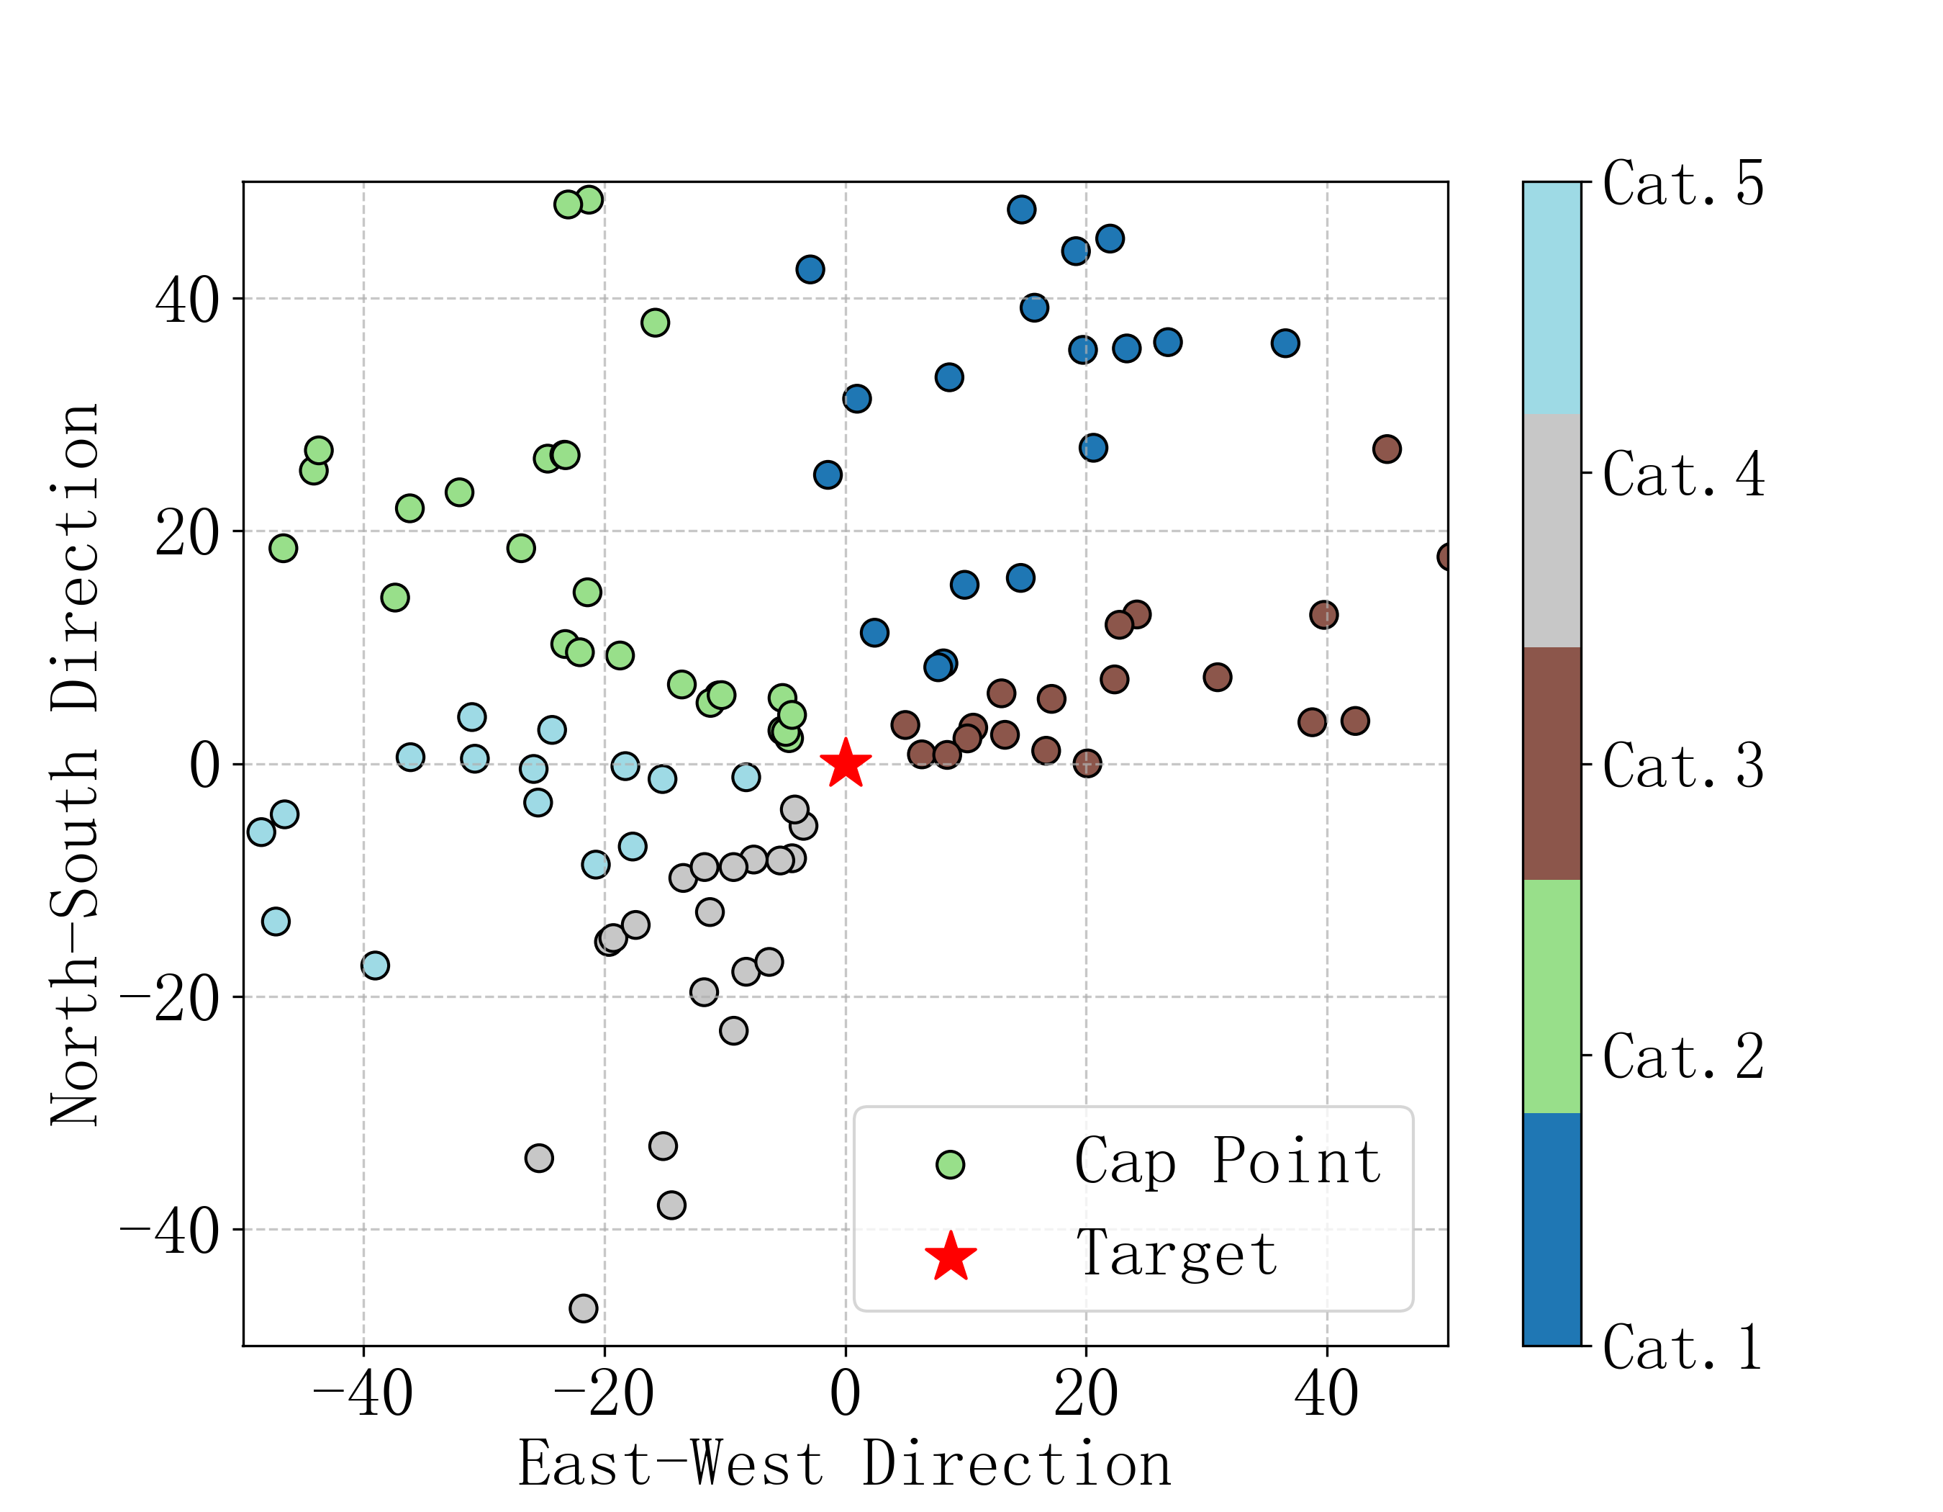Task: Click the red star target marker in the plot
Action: (x=845, y=764)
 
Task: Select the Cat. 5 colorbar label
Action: (x=1683, y=184)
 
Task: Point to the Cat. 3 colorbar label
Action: (x=1683, y=765)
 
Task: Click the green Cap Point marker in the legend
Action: (x=950, y=1164)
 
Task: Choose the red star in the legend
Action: (x=950, y=1256)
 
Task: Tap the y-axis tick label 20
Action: (x=187, y=533)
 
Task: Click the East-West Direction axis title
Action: (x=844, y=1464)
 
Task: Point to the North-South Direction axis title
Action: (x=75, y=765)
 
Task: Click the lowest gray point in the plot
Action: (x=584, y=1308)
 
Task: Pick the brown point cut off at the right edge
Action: (x=1443, y=557)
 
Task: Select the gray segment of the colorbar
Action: (x=1552, y=531)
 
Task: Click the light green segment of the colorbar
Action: (x=1552, y=996)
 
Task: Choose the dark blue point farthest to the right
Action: (x=1285, y=343)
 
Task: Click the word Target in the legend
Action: (x=1176, y=1253)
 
